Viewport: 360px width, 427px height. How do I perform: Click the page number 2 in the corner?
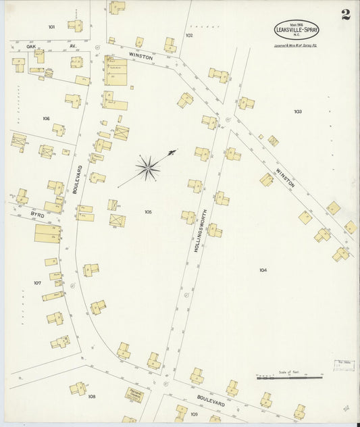(x=345, y=16)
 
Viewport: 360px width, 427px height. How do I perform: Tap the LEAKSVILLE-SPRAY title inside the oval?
(x=297, y=30)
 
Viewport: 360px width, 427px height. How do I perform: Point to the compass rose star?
(x=148, y=166)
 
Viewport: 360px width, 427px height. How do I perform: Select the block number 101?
(x=51, y=27)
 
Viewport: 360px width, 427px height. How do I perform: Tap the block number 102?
(x=189, y=35)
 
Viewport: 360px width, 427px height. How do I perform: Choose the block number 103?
(x=297, y=111)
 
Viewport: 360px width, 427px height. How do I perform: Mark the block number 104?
(x=263, y=270)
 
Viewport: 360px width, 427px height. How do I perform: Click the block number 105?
(x=148, y=211)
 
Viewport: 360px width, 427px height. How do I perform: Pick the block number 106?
(x=46, y=118)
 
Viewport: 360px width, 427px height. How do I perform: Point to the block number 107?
(x=37, y=282)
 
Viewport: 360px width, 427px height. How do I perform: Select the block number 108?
(x=91, y=396)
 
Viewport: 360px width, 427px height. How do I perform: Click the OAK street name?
(x=30, y=47)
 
